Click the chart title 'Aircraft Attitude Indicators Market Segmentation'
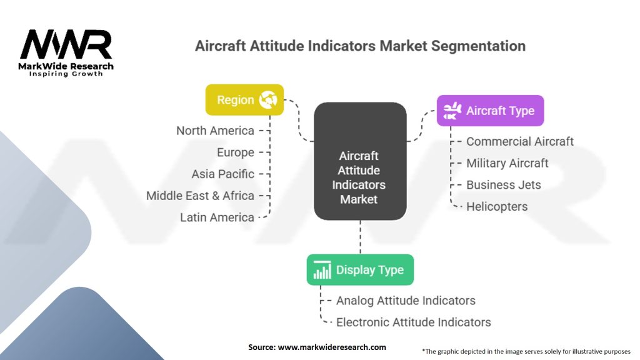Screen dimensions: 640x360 360,46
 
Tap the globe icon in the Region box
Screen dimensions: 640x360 268,99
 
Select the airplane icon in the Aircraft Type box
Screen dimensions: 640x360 452,111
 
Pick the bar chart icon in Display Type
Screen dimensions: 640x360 322,270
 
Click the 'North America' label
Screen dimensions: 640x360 215,131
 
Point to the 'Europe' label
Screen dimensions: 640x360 236,152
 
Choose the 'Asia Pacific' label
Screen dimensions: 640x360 223,174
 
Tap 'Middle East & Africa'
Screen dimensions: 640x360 200,196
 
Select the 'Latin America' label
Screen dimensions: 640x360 217,217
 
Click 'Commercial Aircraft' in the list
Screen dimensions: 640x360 520,141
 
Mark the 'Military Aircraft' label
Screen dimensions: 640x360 507,163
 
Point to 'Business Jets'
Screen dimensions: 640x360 504,184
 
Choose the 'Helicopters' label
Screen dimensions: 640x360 497,206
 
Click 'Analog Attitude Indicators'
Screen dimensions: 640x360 406,301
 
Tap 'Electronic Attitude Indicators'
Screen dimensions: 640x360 414,322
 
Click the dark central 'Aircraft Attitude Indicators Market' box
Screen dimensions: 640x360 360,161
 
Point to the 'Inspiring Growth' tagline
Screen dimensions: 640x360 66,74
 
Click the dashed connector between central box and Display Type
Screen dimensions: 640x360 360,237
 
